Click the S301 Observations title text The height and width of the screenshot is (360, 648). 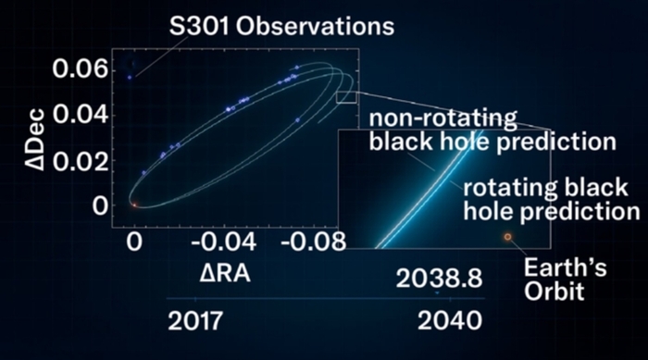[x=281, y=27]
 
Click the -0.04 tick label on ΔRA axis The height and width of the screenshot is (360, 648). [x=224, y=242]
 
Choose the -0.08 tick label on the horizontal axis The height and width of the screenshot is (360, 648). [x=313, y=242]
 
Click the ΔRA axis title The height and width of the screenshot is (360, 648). [x=225, y=274]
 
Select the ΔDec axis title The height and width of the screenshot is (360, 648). [x=35, y=140]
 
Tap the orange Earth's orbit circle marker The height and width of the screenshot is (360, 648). [x=508, y=237]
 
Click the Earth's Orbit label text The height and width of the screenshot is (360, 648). [x=565, y=279]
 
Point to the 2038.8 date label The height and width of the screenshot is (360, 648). [x=440, y=279]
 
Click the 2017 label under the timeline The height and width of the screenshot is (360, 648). [x=195, y=321]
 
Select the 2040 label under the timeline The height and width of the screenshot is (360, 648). [x=450, y=321]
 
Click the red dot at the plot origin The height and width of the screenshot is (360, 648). [x=134, y=205]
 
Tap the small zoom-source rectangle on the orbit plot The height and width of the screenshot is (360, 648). [x=346, y=97]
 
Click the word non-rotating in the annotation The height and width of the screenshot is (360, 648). [x=442, y=118]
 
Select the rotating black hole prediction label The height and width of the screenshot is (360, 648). [x=552, y=200]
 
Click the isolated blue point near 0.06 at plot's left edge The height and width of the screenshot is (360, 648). [x=130, y=78]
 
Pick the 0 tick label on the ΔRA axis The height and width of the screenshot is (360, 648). [x=134, y=242]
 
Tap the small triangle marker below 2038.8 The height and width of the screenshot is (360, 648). [x=437, y=293]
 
